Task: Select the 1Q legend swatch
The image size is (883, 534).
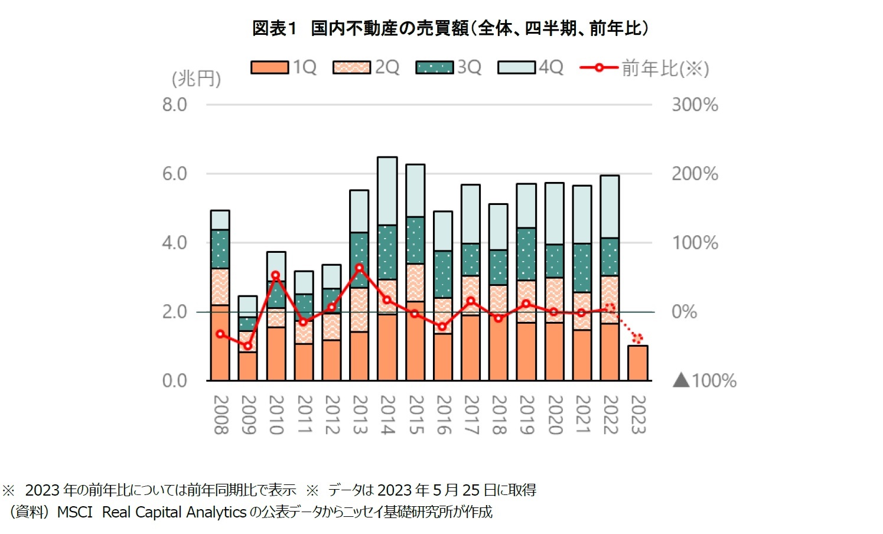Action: pyautogui.click(x=269, y=67)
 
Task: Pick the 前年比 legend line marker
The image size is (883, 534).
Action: pyautogui.click(x=598, y=67)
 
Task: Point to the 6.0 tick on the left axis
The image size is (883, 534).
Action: pyautogui.click(x=174, y=174)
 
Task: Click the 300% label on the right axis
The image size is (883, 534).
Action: pyautogui.click(x=695, y=105)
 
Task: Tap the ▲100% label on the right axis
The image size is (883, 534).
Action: pyautogui.click(x=705, y=380)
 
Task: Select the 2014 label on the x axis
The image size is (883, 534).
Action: pyautogui.click(x=387, y=415)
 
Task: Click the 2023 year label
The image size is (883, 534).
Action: pyautogui.click(x=638, y=415)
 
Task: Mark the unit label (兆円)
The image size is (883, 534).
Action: pyautogui.click(x=196, y=79)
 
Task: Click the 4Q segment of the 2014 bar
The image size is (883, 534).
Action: pyautogui.click(x=387, y=191)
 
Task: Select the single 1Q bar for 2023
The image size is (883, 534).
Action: pyautogui.click(x=638, y=363)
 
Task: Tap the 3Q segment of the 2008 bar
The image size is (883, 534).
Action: pyautogui.click(x=220, y=249)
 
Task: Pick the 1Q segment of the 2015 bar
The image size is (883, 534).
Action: pyautogui.click(x=415, y=341)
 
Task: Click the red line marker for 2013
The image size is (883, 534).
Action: pyautogui.click(x=359, y=268)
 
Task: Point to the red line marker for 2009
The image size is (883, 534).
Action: pyautogui.click(x=248, y=346)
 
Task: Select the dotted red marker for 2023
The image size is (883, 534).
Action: pyautogui.click(x=637, y=338)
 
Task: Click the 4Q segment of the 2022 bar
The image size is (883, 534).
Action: pyautogui.click(x=610, y=207)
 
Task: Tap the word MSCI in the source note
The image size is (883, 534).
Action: pyautogui.click(x=74, y=512)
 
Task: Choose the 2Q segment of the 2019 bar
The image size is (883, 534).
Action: pyautogui.click(x=526, y=301)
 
